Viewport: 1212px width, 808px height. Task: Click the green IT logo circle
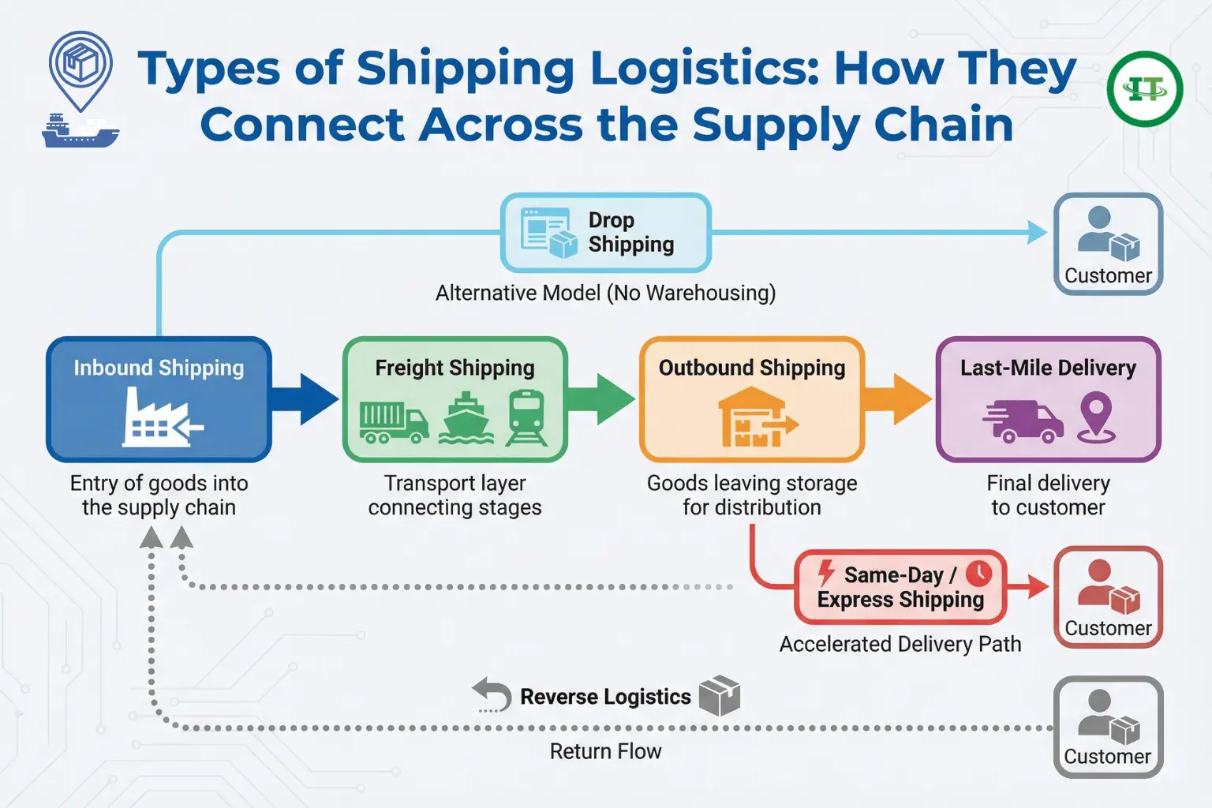click(1144, 89)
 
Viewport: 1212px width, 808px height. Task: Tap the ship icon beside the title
click(80, 131)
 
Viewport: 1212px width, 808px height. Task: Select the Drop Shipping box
click(606, 232)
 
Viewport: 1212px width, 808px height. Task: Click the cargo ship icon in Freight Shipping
click(466, 418)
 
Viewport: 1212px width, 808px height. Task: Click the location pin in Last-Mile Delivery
click(1097, 417)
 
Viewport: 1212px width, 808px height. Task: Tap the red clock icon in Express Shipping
click(979, 574)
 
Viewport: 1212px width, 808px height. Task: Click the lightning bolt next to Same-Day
click(826, 573)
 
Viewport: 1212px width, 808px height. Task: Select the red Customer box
click(1108, 597)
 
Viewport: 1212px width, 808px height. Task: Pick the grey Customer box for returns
click(1108, 727)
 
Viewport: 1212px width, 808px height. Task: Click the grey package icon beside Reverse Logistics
click(720, 695)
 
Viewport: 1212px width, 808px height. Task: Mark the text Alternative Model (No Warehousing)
click(605, 293)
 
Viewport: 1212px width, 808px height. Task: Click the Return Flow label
click(605, 751)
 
